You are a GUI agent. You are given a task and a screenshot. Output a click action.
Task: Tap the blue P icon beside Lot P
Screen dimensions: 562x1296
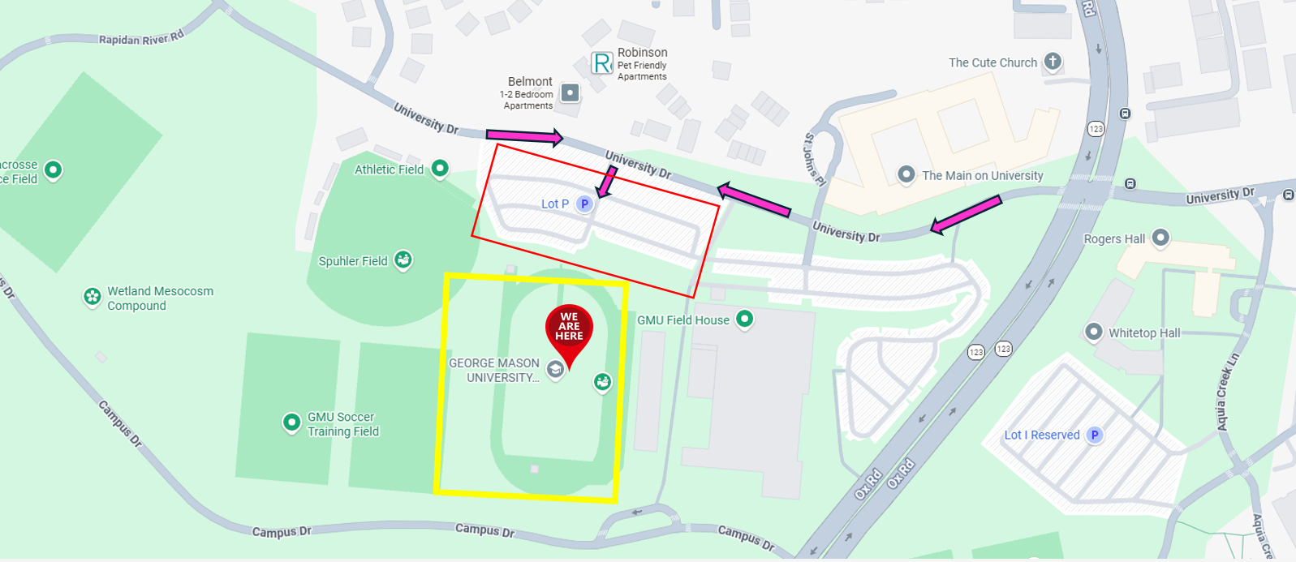(584, 204)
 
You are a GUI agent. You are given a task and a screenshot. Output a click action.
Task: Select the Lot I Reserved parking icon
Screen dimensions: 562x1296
(1095, 435)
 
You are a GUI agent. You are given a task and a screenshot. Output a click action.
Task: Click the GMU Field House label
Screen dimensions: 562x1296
(682, 320)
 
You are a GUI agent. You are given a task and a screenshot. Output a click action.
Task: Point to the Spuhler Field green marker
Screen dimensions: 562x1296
(403, 260)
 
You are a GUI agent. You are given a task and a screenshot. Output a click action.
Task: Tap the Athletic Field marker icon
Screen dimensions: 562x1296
(440, 169)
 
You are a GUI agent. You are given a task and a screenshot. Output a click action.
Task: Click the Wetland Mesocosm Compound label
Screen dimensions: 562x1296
(160, 298)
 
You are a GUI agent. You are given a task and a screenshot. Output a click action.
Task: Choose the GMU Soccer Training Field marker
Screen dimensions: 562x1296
(291, 423)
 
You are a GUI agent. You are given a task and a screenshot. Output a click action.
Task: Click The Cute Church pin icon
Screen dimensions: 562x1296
(1053, 62)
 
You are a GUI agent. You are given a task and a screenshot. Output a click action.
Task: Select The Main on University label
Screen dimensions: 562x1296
(982, 175)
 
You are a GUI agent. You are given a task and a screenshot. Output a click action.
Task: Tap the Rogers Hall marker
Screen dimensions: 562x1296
(1161, 238)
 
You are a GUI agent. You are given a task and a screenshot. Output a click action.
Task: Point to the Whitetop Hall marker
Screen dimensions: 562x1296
(1094, 332)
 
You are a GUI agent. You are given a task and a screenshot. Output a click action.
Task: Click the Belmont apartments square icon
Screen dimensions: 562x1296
(570, 92)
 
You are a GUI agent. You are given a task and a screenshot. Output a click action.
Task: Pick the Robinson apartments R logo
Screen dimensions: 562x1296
(602, 63)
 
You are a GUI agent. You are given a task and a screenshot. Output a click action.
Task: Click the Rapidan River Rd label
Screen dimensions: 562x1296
(141, 38)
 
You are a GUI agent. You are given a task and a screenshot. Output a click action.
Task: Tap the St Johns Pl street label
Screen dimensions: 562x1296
(814, 160)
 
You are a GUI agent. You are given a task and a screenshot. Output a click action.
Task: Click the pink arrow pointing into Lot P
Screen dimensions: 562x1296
(605, 182)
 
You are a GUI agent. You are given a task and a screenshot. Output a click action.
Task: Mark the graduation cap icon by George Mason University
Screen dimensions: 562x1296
(555, 371)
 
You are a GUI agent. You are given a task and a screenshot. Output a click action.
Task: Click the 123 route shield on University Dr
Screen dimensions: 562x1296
(1096, 129)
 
